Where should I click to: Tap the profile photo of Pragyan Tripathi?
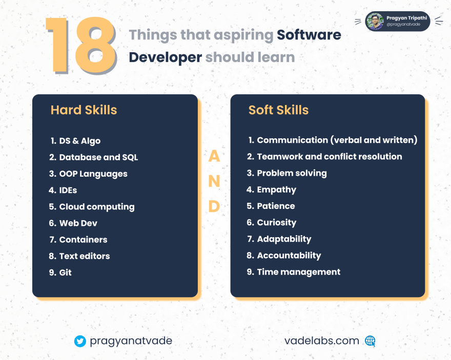[x=375, y=22]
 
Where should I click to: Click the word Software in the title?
[x=309, y=35]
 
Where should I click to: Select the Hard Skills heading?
[x=84, y=110]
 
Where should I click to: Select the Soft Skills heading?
[x=278, y=110]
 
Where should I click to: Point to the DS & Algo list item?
[x=75, y=141]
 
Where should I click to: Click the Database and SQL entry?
[x=93, y=157]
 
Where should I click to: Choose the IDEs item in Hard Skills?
[x=63, y=190]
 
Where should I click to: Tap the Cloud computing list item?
[x=92, y=207]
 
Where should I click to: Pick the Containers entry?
[x=78, y=240]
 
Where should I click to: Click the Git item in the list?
[x=60, y=272]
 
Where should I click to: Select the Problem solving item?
[x=287, y=173]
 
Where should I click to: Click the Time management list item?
[x=294, y=272]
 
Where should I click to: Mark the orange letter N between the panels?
[x=214, y=181]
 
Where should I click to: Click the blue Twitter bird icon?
[x=80, y=341]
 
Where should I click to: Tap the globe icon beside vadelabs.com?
[x=370, y=341]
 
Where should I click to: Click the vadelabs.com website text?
[x=321, y=341]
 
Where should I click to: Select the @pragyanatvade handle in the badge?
[x=403, y=25]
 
